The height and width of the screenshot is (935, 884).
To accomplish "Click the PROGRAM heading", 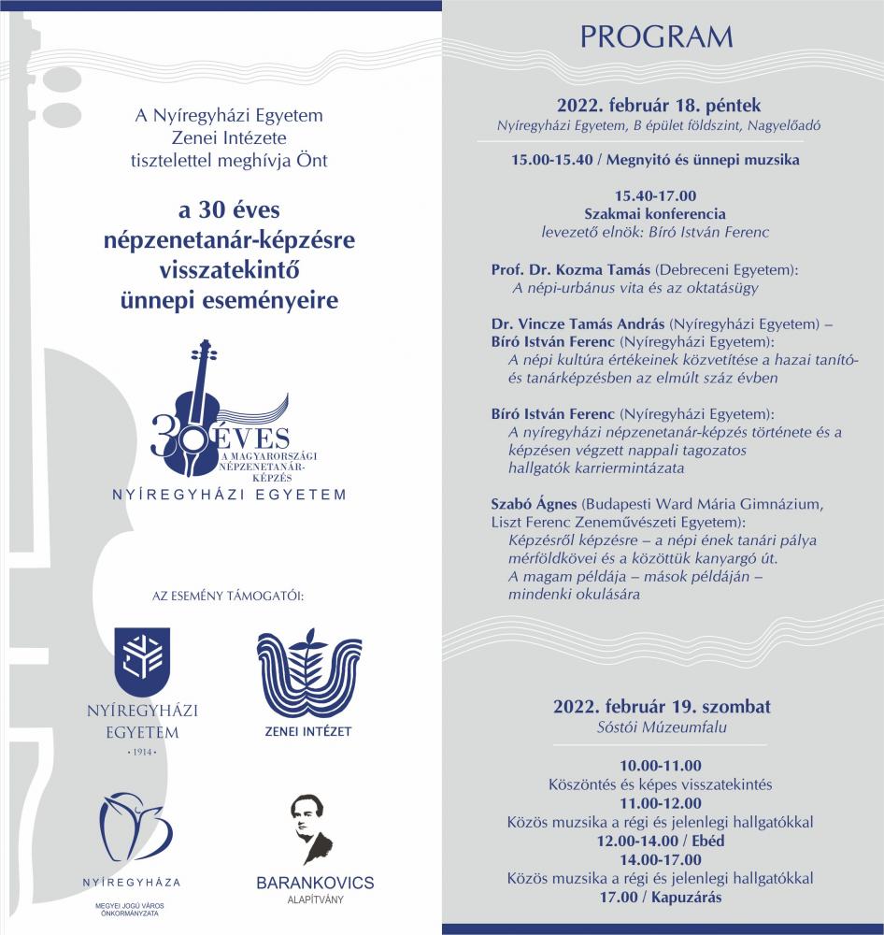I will pos(657,37).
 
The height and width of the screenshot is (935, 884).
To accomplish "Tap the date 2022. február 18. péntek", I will pos(665,105).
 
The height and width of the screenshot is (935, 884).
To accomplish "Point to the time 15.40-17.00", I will pos(656,195).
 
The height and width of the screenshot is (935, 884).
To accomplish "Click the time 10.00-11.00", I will pos(660,766).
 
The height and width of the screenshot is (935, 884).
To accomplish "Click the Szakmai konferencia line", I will pos(655,213).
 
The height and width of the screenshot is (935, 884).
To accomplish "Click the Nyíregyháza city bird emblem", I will pos(137,827).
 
